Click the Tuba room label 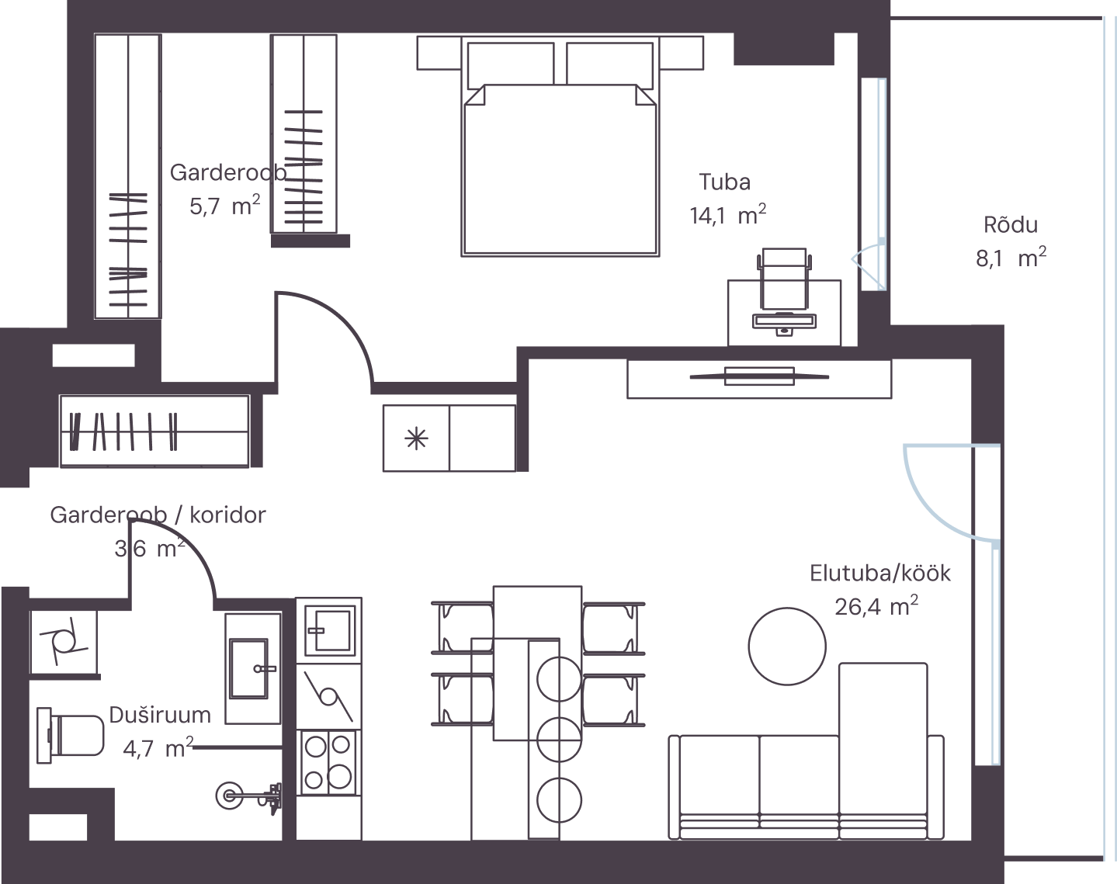click(x=724, y=182)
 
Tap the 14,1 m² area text click(x=727, y=214)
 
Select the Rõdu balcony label click(x=1011, y=225)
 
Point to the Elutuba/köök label click(x=880, y=573)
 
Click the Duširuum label click(x=160, y=716)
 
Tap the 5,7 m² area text click(x=225, y=206)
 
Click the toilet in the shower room click(x=71, y=736)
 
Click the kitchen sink click(x=328, y=630)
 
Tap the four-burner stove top click(x=328, y=762)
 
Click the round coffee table click(x=787, y=647)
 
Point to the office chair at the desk click(x=784, y=279)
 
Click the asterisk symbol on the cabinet click(x=416, y=439)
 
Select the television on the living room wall click(x=759, y=376)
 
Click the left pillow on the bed click(x=510, y=65)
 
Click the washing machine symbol click(x=64, y=642)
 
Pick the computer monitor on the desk click(x=784, y=322)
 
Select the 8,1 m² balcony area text click(x=1011, y=258)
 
